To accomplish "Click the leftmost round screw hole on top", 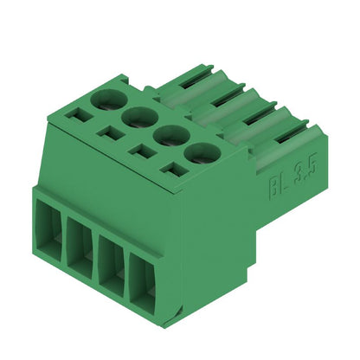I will (108, 100).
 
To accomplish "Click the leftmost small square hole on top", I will (82, 114).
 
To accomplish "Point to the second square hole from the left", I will (110, 132).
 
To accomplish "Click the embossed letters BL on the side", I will (275, 183).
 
